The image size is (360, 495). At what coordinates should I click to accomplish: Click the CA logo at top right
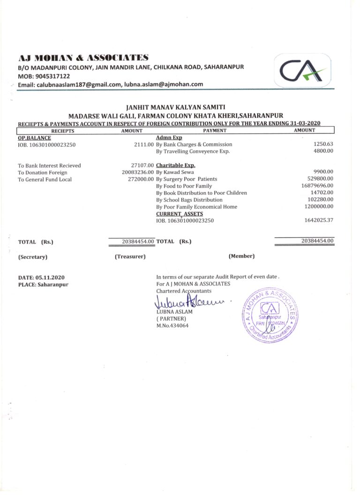[x=302, y=71]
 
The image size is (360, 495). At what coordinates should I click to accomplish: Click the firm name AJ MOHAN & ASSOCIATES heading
[x=83, y=58]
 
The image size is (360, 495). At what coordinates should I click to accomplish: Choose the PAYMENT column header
[x=215, y=131]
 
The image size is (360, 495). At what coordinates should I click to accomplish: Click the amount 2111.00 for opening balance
[x=144, y=145]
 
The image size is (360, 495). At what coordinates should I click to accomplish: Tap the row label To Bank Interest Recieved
[x=49, y=165]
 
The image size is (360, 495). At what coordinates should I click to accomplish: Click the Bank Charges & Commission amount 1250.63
[x=323, y=144]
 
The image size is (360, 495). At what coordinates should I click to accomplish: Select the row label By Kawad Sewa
[x=175, y=172]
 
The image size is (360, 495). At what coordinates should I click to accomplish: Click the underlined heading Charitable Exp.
[x=176, y=165]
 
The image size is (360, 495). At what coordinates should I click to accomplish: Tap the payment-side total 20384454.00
[x=317, y=241]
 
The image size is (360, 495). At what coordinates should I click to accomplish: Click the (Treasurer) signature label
[x=130, y=256]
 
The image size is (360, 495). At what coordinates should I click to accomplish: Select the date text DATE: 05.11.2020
[x=41, y=277]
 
